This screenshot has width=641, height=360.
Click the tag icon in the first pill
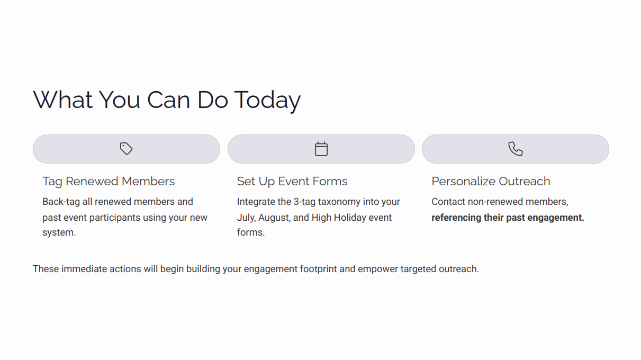126,149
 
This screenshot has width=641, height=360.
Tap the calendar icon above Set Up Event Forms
321,149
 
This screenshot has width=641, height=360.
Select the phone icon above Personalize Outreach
516,149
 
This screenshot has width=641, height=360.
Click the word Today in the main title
267,100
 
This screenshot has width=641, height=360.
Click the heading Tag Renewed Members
109,182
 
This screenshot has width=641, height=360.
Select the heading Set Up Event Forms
292,182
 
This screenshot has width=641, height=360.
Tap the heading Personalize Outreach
491,182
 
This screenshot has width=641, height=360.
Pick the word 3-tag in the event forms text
306,202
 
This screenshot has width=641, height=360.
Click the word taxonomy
342,202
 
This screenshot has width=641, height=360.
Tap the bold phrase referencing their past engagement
508,218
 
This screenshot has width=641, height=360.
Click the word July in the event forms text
246,218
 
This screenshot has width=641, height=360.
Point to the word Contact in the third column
447,202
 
